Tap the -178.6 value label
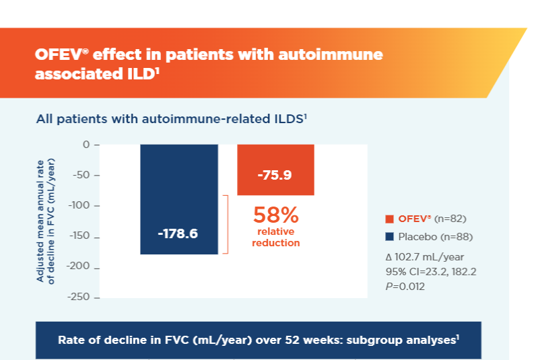coord(178,233)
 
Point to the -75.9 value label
coord(275,176)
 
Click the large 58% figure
coord(275,215)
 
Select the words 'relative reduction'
coord(275,238)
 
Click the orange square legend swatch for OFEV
coord(389,219)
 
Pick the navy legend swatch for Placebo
coord(389,237)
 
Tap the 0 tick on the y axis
coord(86,145)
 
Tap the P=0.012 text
coord(403,286)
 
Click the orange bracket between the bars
coord(226,225)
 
